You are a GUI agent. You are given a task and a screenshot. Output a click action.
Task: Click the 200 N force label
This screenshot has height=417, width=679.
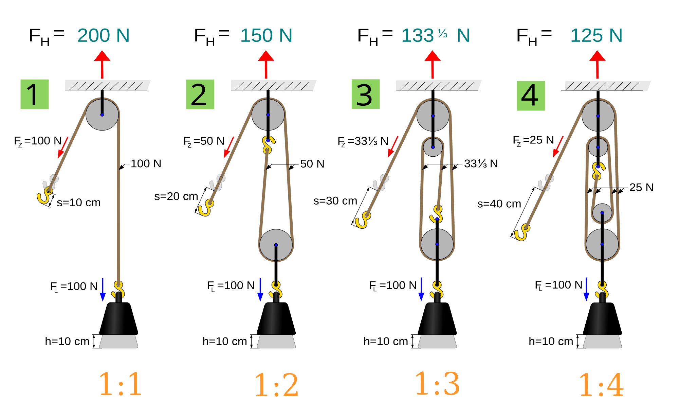click(x=104, y=35)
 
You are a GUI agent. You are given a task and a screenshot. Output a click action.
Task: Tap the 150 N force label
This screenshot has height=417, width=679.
click(x=266, y=35)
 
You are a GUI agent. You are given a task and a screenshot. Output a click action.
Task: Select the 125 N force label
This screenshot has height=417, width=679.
click(x=596, y=35)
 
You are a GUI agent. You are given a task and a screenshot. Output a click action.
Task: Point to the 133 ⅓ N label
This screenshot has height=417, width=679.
click(x=435, y=35)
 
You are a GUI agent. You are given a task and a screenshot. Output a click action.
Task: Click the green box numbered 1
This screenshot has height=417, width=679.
click(x=35, y=94)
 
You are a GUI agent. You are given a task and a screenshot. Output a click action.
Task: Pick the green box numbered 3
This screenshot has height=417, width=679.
click(x=365, y=94)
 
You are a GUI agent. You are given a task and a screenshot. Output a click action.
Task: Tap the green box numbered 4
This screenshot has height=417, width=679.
click(x=531, y=96)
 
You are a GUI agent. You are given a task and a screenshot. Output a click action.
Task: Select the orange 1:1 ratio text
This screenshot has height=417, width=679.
click(x=120, y=384)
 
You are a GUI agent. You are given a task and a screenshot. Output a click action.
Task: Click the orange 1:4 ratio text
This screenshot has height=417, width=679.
click(x=601, y=385)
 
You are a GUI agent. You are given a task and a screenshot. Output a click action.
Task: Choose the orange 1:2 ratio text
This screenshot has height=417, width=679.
click(x=276, y=385)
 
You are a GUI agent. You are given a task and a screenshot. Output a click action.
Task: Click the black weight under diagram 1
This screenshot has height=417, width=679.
click(x=114, y=318)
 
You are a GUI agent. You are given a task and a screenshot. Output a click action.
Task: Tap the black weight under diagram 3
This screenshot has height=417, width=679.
click(x=433, y=318)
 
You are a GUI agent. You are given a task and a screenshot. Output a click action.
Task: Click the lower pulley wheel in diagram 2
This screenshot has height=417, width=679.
click(x=276, y=245)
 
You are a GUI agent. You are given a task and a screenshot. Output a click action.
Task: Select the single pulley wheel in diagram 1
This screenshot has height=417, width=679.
click(x=102, y=115)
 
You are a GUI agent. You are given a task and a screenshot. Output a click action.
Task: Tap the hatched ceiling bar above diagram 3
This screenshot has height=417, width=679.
click(x=438, y=85)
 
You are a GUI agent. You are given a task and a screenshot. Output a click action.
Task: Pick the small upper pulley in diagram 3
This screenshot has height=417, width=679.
click(x=433, y=147)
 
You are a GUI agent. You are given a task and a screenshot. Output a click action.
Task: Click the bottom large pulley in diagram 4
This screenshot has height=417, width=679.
click(x=602, y=244)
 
